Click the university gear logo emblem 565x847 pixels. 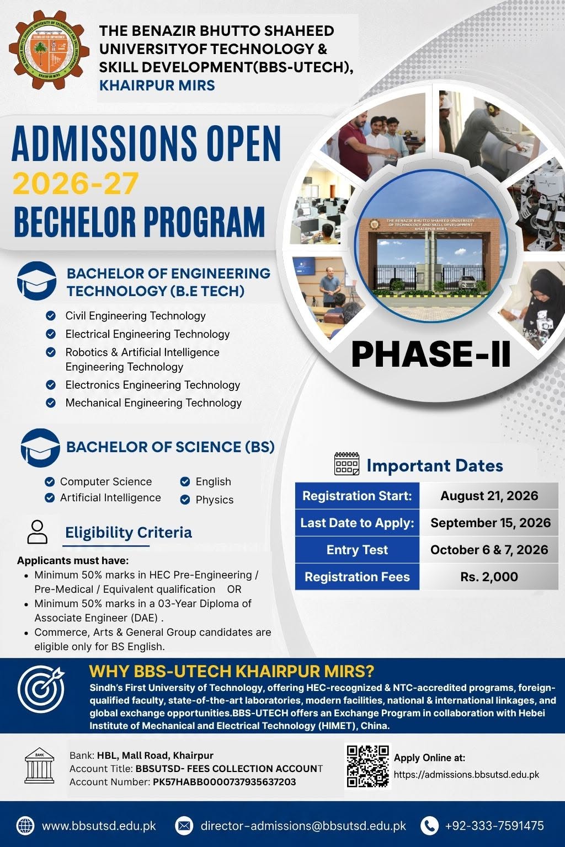(49, 50)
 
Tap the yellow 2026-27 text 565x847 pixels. (76, 184)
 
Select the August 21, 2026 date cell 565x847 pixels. (489, 496)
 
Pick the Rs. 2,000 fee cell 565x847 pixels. (489, 577)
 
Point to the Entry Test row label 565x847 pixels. (357, 550)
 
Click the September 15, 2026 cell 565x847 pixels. (489, 523)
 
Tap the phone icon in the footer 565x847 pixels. (429, 826)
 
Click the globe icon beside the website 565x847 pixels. (25, 826)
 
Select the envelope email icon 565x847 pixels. (184, 826)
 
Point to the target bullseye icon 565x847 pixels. (41, 689)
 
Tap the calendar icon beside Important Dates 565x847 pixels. (347, 464)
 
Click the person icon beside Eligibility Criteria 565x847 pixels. (38, 532)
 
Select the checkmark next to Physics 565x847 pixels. (185, 500)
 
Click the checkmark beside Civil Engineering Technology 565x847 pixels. (51, 316)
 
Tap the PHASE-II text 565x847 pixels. (431, 355)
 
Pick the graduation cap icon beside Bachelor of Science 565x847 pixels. (40, 448)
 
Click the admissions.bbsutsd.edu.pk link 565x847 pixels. (467, 775)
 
